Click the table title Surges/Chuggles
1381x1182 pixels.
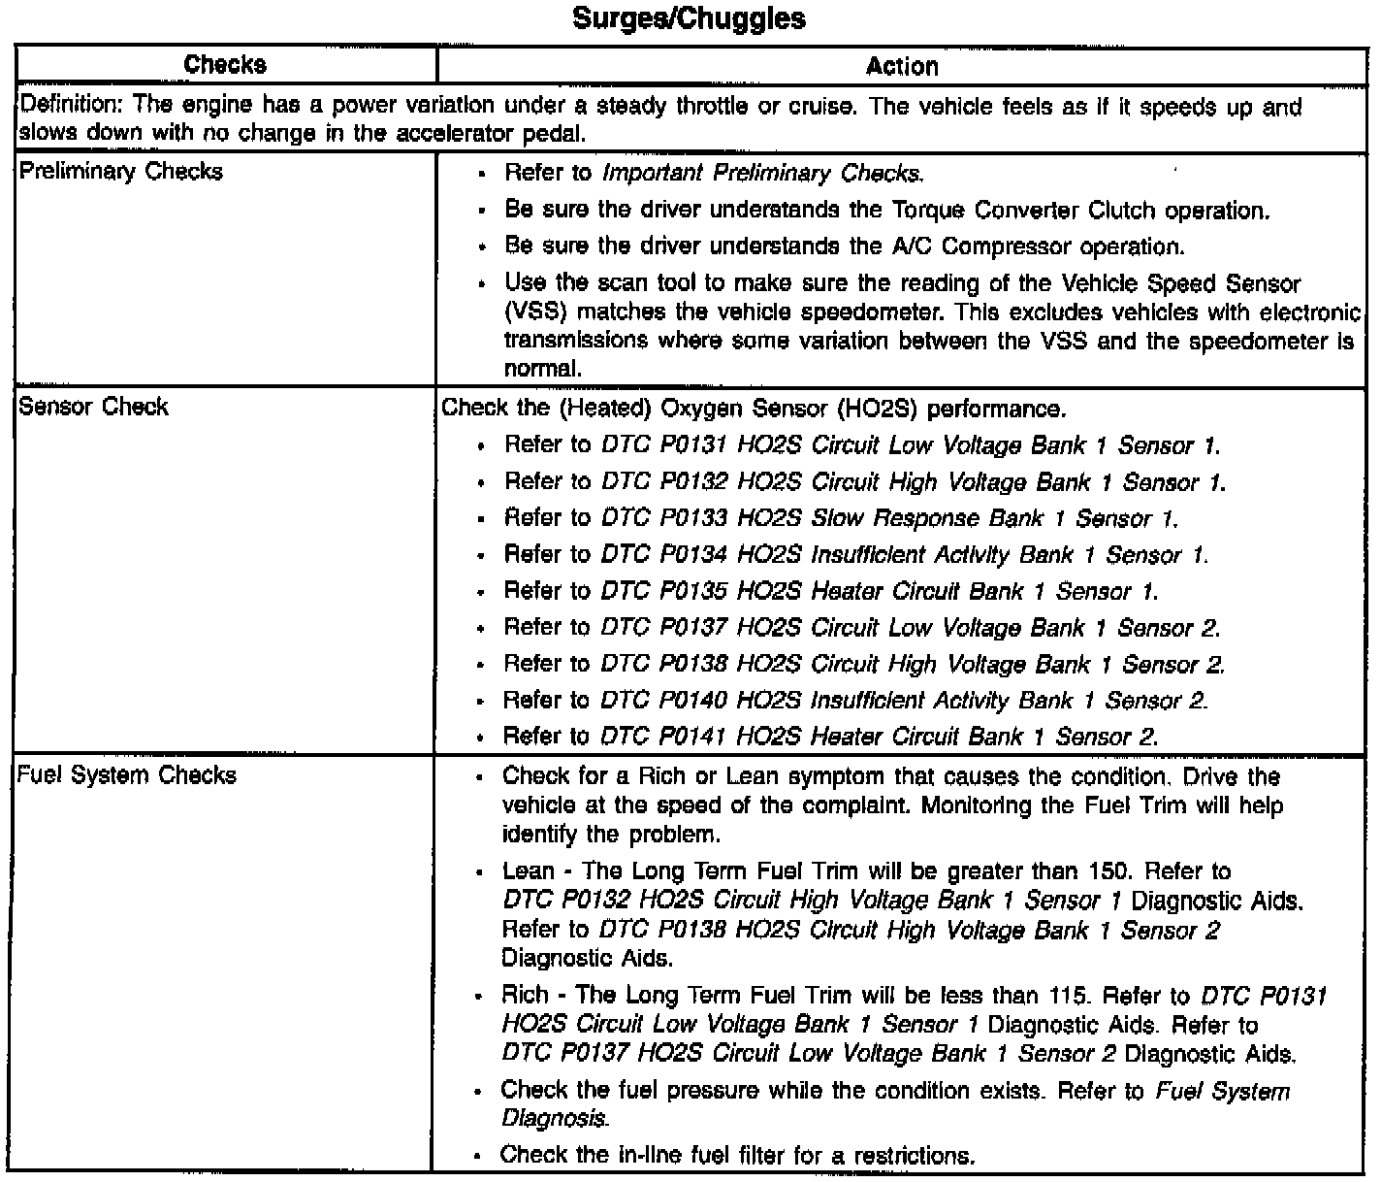tap(689, 18)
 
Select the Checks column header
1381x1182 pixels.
tap(225, 65)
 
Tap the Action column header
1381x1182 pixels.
tap(901, 66)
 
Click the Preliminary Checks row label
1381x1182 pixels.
tap(120, 172)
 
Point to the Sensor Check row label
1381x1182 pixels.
tap(93, 407)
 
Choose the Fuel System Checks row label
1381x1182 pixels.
tap(127, 775)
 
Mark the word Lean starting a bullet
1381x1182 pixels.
tap(529, 871)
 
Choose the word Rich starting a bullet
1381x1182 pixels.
tap(525, 996)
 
